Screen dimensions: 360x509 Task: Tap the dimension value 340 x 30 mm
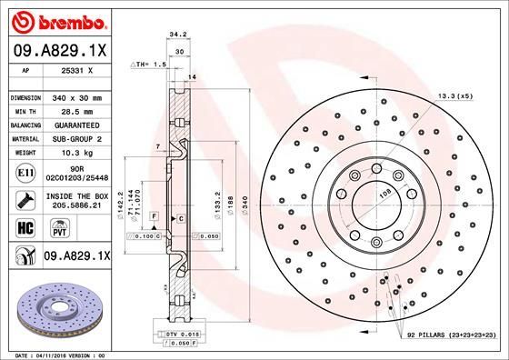[x=77, y=95]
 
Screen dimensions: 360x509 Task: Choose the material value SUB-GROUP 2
[x=77, y=138]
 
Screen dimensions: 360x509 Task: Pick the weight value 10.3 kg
[x=77, y=153]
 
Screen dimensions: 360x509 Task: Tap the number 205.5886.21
[x=77, y=206]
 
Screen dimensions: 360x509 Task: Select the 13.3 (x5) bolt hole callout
[x=454, y=95]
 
